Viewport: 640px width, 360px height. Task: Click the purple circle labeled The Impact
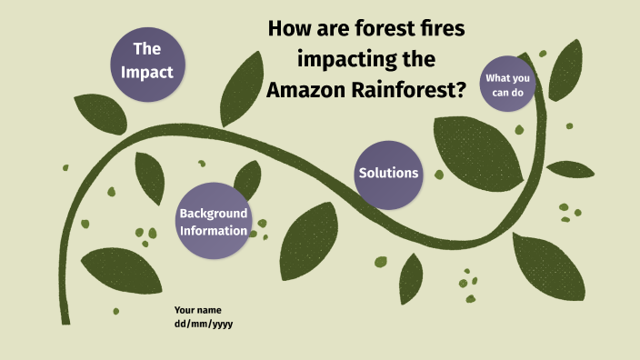pos(146,60)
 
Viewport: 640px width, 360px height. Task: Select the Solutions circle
pos(388,173)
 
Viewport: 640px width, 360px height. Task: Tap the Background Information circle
pos(214,222)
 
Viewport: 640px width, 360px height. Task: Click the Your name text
pos(197,310)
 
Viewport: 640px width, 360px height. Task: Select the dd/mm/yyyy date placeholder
pos(204,324)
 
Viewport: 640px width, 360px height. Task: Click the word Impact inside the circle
pos(146,72)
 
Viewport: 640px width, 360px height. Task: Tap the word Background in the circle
pos(214,213)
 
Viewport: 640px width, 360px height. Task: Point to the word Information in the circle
pos(214,231)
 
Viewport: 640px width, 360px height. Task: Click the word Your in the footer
pos(185,310)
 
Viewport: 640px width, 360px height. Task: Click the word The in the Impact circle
pos(146,48)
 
